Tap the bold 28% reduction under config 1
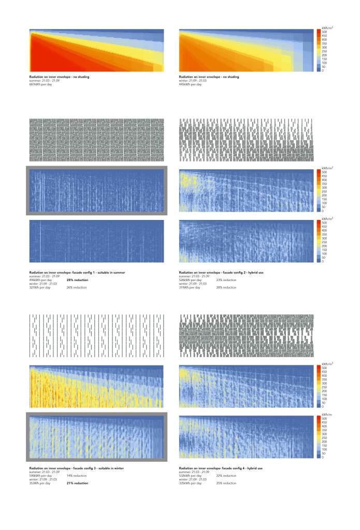point(77,279)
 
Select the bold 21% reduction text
point(77,483)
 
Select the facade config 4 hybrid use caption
point(221,468)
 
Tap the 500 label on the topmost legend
point(324,32)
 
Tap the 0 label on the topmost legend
point(323,70)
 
